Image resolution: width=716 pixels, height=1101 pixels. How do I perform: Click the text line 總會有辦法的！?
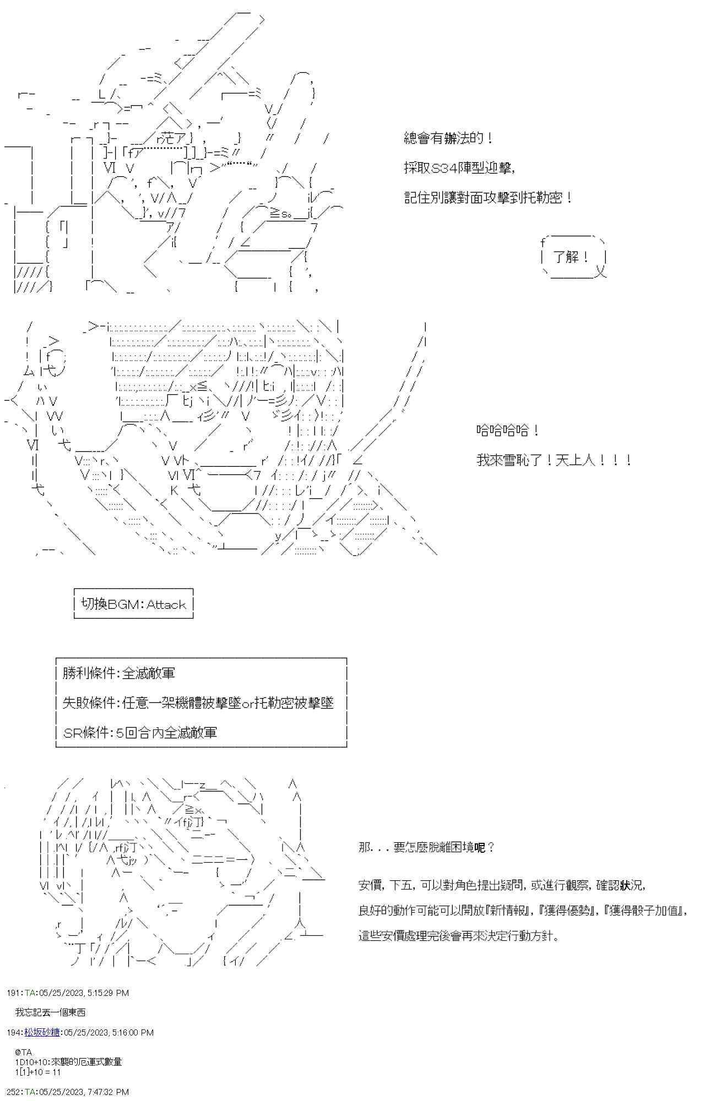[x=448, y=138]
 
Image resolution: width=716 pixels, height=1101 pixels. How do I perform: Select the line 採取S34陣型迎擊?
[x=459, y=168]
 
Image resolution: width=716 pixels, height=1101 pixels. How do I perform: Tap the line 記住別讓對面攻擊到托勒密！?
[x=488, y=198]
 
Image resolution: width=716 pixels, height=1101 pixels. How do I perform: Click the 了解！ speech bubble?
[x=573, y=257]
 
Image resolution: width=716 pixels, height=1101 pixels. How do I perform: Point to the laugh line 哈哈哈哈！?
[x=507, y=430]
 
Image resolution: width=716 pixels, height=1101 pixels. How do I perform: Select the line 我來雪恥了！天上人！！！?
[x=554, y=460]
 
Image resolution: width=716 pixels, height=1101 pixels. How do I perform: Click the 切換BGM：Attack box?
[x=134, y=604]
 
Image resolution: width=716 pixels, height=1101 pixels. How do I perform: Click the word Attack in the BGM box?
[x=166, y=604]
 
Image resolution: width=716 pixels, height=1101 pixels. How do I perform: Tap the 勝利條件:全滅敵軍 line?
[x=119, y=673]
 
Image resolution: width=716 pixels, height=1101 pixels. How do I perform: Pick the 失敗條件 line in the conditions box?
[x=198, y=703]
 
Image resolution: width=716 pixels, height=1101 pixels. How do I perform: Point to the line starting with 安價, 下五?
[x=501, y=885]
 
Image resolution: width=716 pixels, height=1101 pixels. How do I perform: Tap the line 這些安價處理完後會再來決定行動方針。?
[x=459, y=936]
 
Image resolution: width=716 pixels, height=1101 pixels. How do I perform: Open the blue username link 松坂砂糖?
[x=42, y=1032]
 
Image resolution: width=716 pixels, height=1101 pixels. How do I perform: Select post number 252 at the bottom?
[x=13, y=1092]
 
